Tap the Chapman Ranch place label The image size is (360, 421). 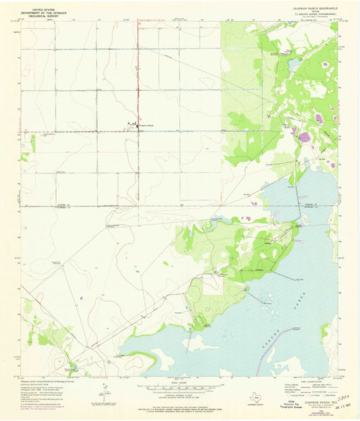pos(145,125)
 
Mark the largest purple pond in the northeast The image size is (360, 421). pos(304,137)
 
